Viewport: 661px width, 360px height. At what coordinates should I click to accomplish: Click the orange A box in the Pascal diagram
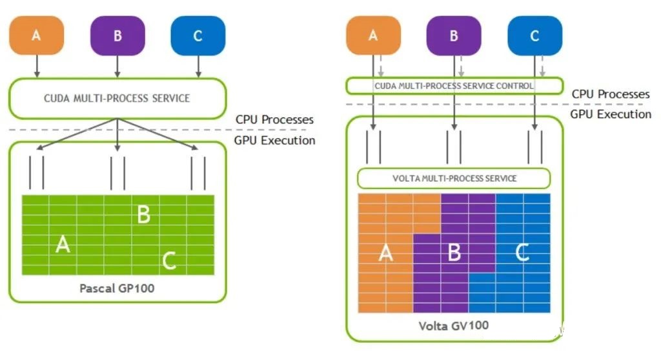click(37, 35)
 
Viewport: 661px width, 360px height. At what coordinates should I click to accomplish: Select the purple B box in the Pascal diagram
click(117, 36)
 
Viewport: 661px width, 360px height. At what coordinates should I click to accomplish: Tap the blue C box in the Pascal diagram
click(198, 36)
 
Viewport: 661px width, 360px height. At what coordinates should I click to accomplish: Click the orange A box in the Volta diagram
click(373, 35)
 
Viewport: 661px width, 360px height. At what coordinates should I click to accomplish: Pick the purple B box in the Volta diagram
click(454, 36)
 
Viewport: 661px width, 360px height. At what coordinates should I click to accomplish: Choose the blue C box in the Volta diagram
click(534, 36)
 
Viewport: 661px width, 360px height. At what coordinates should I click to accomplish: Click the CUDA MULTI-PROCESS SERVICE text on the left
click(117, 98)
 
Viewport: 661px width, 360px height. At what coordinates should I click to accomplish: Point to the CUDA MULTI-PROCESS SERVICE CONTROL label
click(454, 86)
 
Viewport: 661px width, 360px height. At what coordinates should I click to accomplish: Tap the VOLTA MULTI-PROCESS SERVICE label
click(454, 178)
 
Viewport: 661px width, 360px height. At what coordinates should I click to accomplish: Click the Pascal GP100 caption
click(117, 288)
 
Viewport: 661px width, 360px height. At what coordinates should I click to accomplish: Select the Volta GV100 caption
click(454, 326)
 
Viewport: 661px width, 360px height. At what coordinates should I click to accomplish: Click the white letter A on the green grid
click(63, 244)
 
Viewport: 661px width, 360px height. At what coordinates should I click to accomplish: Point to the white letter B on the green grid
click(144, 214)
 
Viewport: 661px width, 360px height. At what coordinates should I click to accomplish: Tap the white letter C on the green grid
click(169, 261)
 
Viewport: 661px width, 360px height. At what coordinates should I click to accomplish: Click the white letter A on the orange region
click(386, 253)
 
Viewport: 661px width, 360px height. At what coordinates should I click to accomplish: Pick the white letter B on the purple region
click(454, 252)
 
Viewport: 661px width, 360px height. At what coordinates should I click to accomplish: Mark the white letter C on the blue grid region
click(522, 252)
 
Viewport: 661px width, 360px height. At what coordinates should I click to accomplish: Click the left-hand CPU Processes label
click(274, 120)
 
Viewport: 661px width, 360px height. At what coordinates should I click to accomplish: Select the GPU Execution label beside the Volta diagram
click(611, 114)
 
